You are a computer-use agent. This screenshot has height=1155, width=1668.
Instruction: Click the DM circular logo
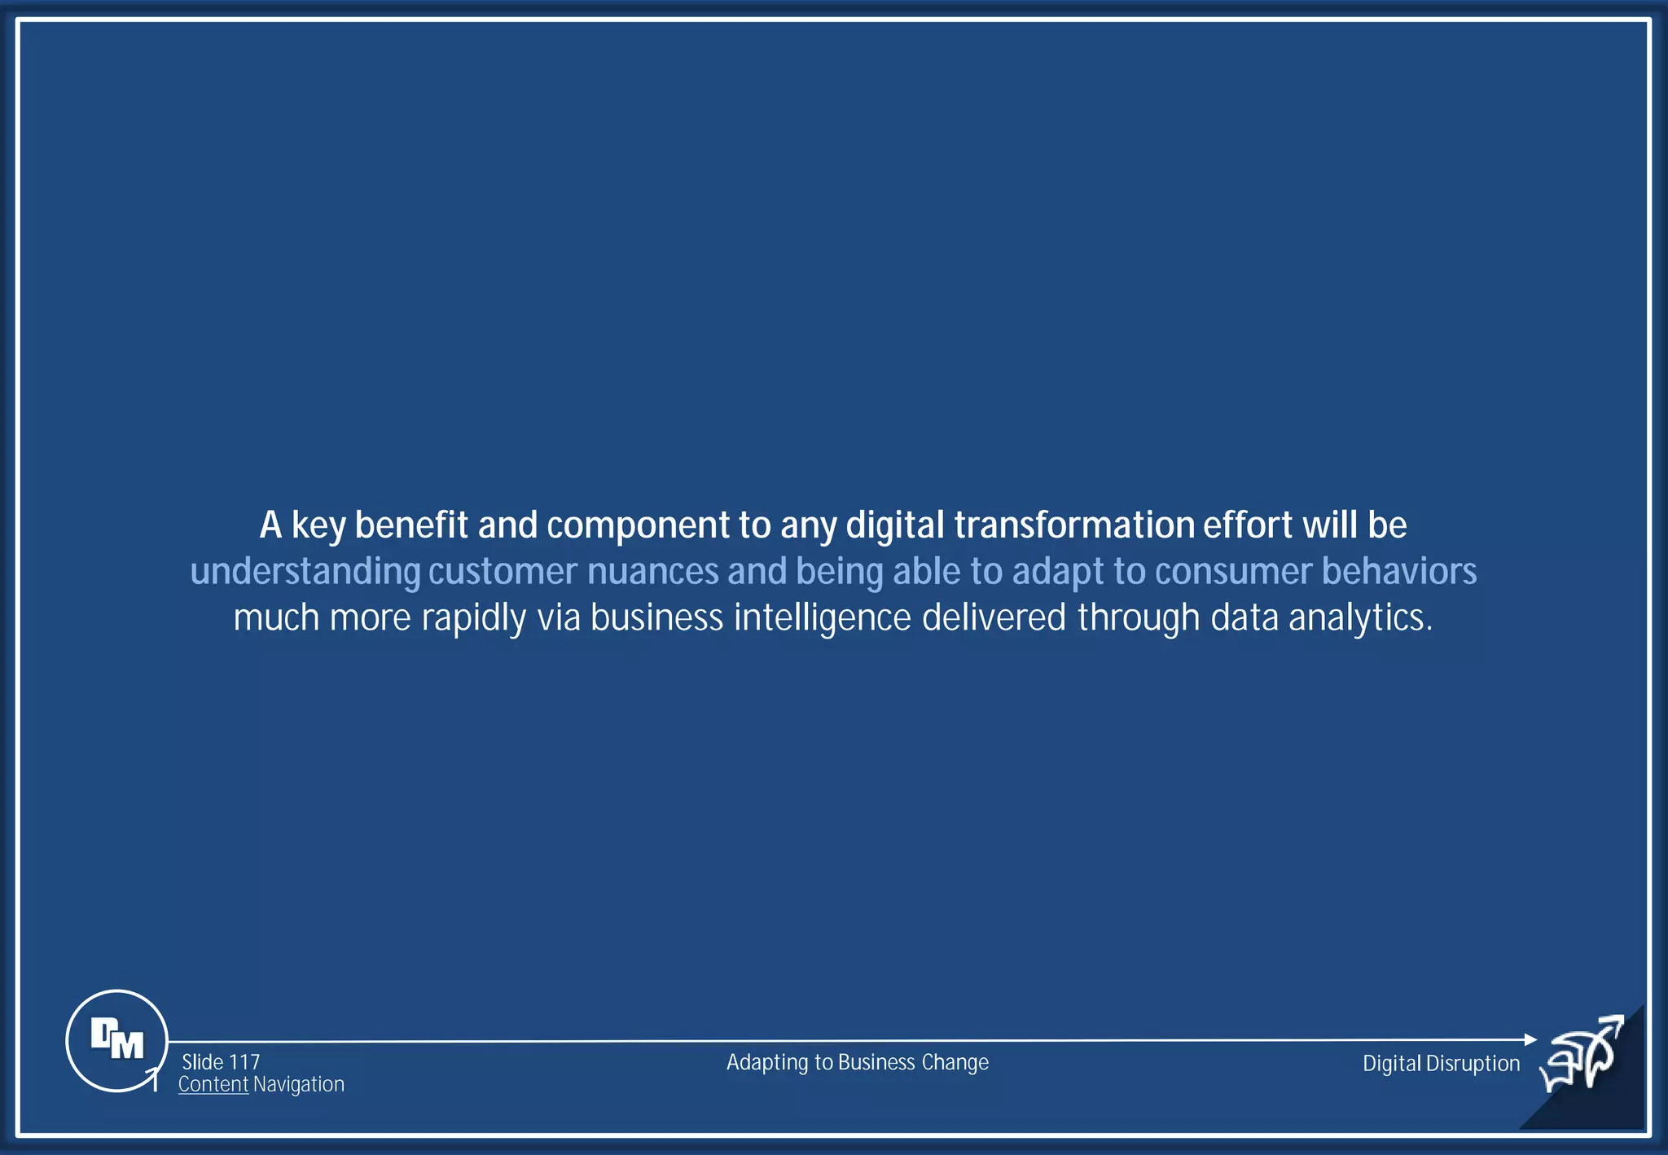[116, 1040]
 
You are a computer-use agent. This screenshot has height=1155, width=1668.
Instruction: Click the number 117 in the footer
[244, 1062]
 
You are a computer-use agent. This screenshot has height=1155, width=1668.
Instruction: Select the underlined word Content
[213, 1084]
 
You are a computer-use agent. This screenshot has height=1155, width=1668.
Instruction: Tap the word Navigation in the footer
[298, 1084]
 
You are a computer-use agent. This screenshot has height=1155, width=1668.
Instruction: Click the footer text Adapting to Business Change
[857, 1062]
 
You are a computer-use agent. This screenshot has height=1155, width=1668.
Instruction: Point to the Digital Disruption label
[1441, 1063]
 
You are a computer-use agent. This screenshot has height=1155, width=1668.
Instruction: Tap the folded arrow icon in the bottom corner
[1582, 1054]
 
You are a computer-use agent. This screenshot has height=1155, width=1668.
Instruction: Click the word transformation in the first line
[1073, 525]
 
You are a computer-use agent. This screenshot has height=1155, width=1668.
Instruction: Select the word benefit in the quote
[411, 525]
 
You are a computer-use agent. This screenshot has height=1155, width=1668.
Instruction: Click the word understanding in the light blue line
[305, 572]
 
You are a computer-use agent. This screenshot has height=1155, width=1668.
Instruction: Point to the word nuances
[652, 572]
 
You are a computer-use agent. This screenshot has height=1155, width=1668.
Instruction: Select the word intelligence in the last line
[822, 618]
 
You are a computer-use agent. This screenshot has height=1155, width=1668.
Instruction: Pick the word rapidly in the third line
[473, 618]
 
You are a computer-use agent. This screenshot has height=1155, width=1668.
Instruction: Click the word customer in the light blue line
[503, 572]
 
